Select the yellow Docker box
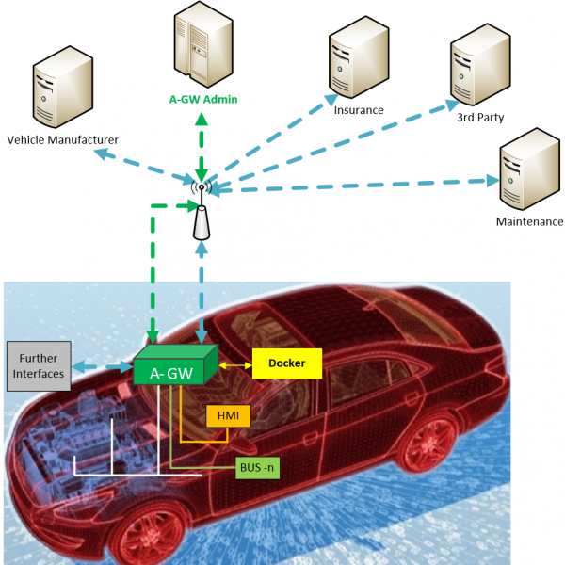pos(285,363)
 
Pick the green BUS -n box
pos(258,465)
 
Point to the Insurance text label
pos(359,110)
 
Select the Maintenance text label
pos(529,222)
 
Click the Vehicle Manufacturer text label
pos(63,140)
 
